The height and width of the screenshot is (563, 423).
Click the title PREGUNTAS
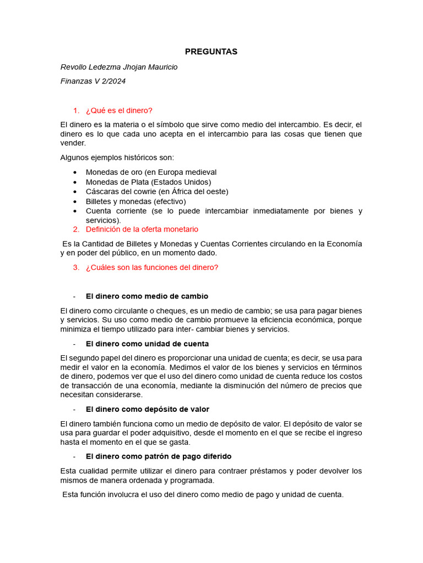211,52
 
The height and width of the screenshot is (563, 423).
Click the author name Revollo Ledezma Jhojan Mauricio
119,67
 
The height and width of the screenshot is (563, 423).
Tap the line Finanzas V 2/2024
93,81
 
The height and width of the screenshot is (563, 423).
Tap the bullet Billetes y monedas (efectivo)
135,201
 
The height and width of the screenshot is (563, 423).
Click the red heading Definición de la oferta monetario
142,229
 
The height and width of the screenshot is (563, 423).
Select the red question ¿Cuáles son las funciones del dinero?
152,268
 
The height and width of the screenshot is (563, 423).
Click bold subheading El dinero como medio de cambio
147,296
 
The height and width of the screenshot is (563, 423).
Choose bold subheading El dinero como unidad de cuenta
147,344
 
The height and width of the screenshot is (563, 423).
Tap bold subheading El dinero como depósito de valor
148,410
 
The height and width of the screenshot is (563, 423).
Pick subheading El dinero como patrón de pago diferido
159,456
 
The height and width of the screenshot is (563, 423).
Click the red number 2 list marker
76,229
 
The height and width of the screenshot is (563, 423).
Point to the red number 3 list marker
76,268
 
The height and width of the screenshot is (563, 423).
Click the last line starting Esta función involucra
203,495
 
